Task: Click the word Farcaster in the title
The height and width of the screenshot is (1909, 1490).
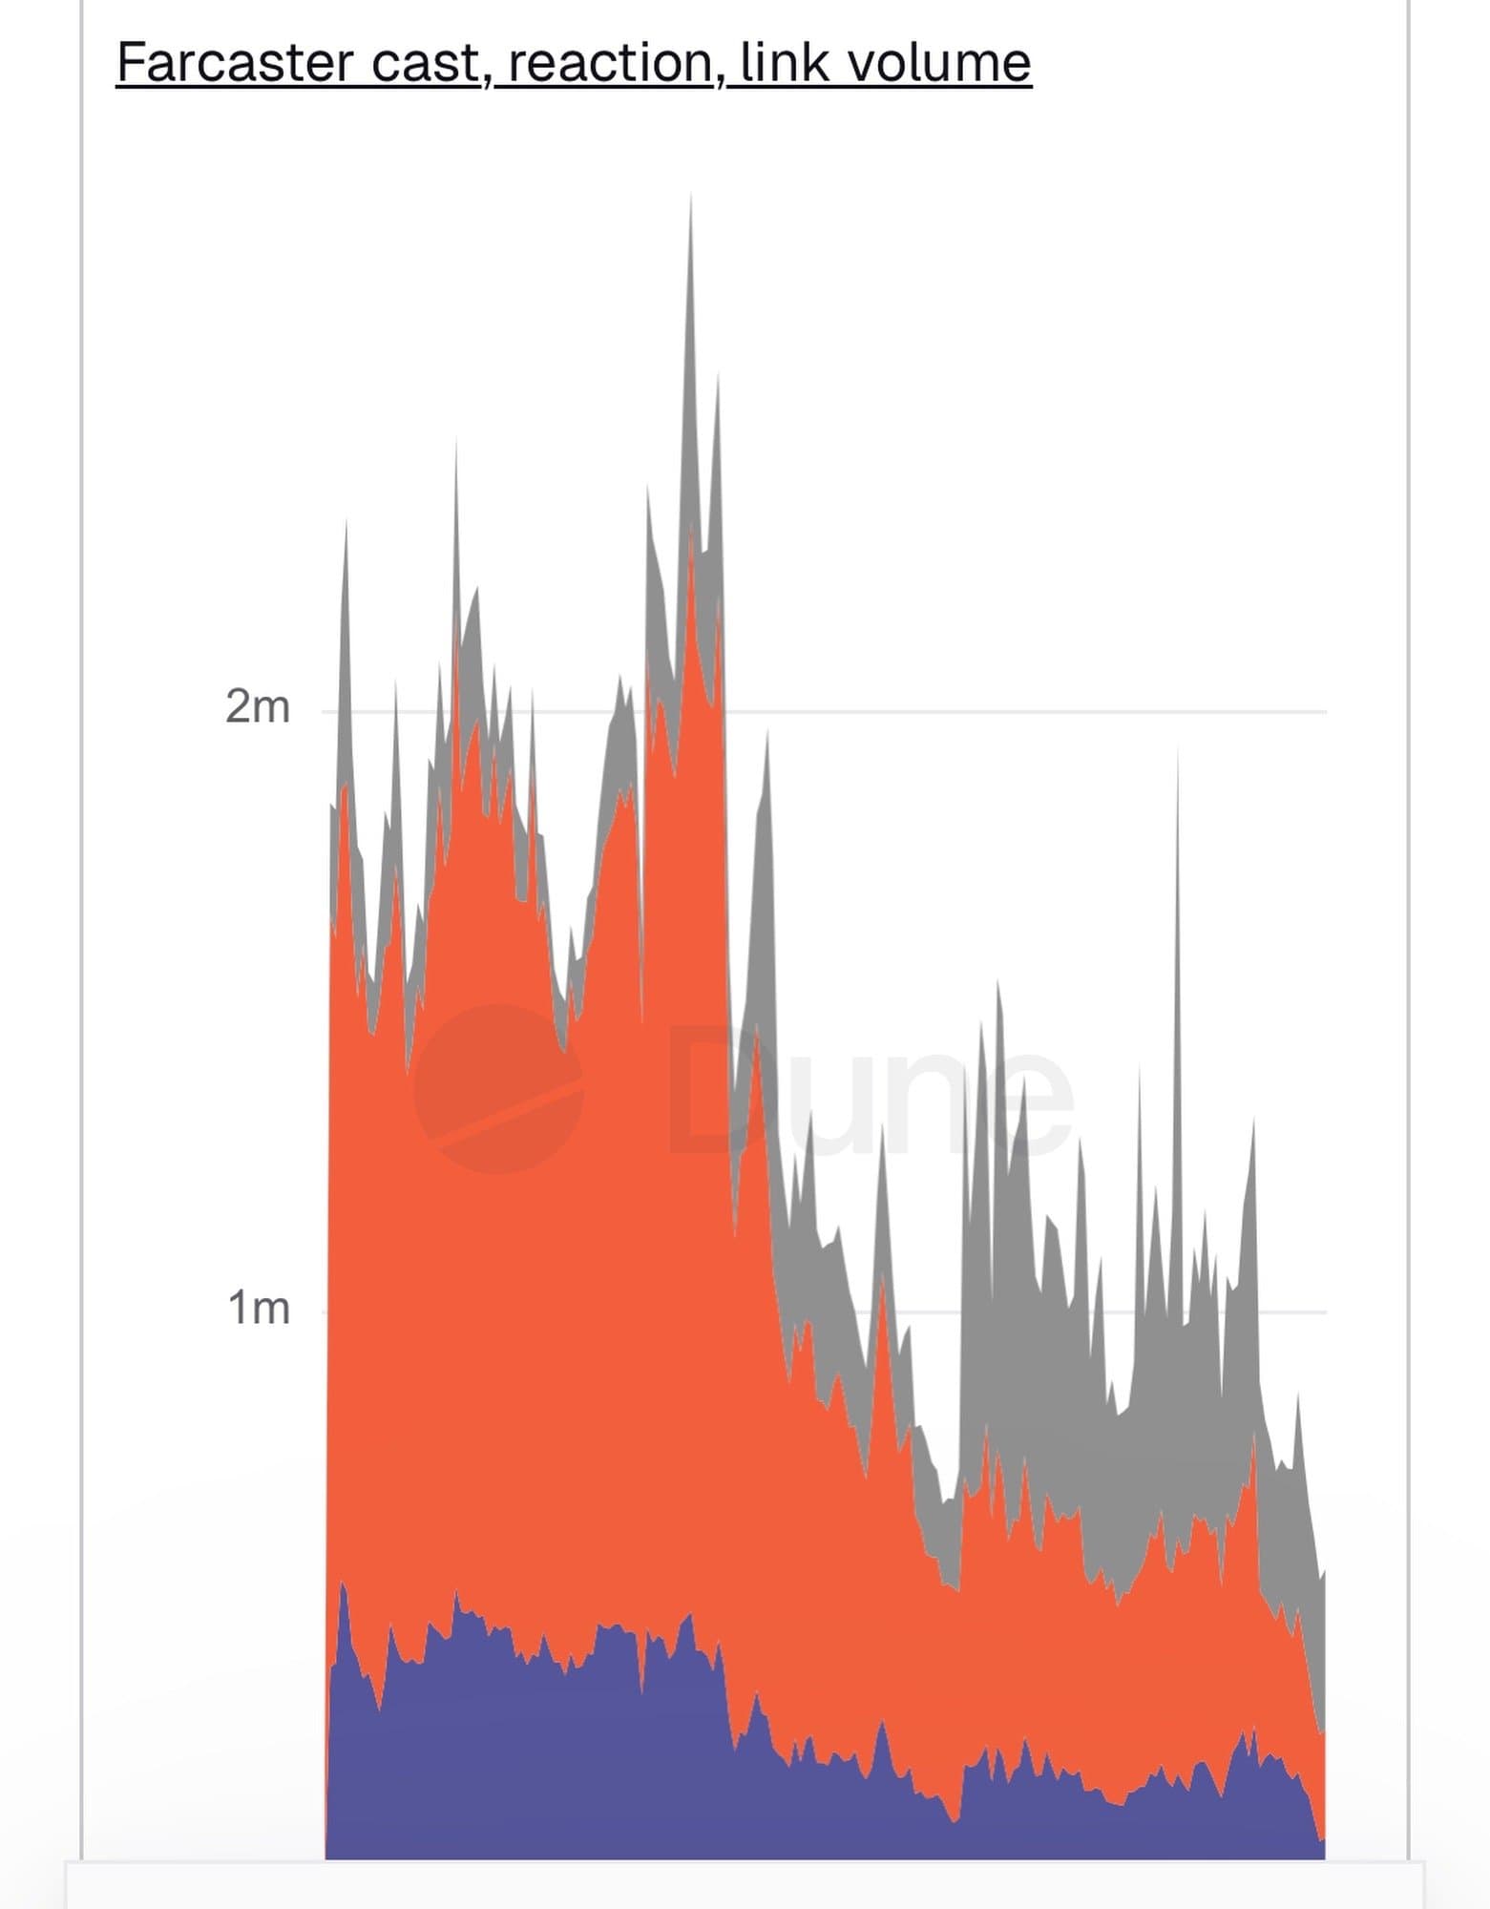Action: coord(234,63)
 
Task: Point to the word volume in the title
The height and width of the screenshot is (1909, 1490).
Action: coord(939,63)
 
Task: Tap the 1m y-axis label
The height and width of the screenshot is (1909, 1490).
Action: coord(258,1308)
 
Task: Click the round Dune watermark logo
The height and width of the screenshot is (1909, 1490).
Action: coord(497,1088)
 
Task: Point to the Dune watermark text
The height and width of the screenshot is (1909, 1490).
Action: coord(869,1088)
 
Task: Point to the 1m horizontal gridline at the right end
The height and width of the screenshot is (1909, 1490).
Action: coord(1308,1311)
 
